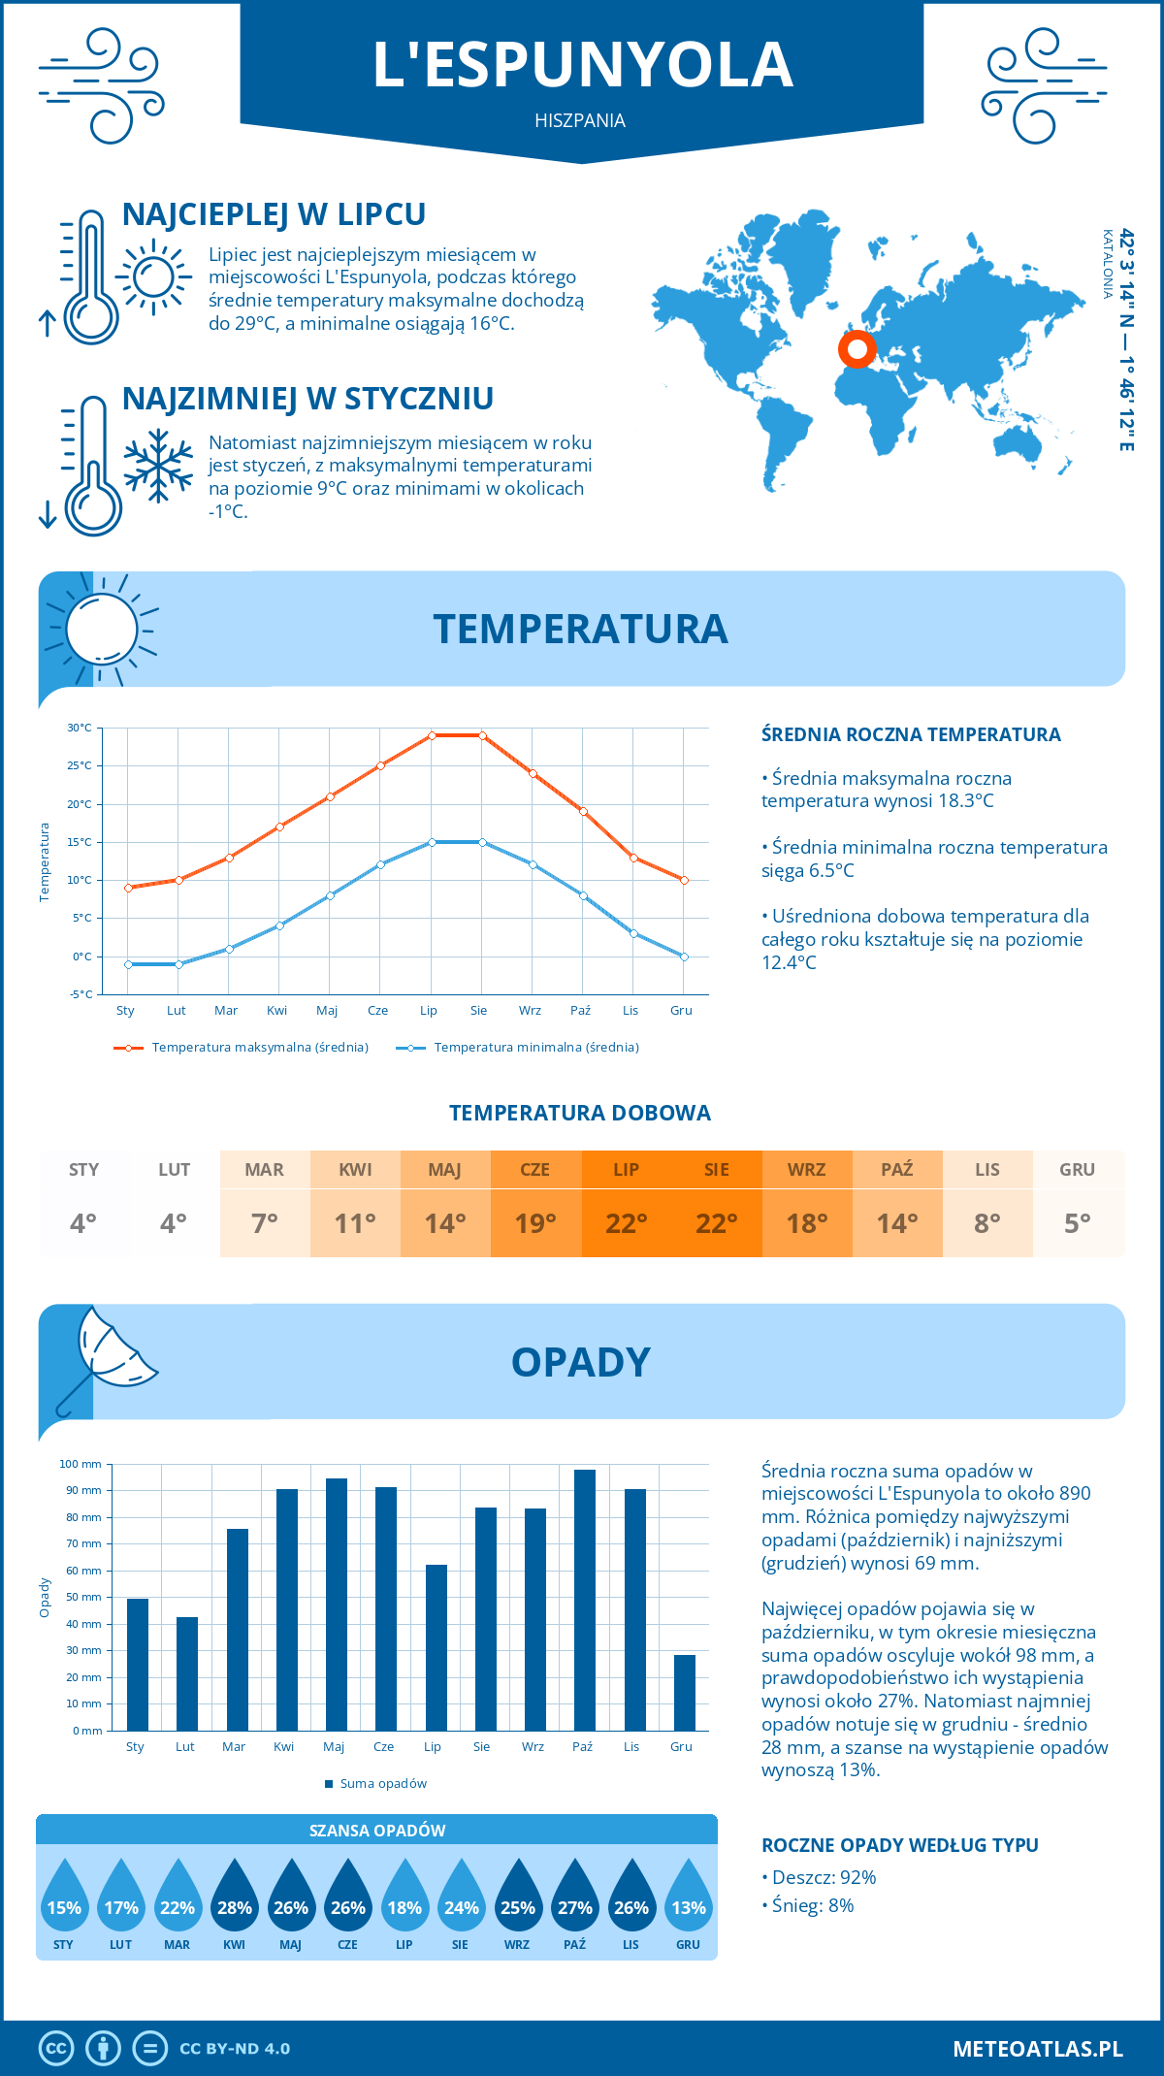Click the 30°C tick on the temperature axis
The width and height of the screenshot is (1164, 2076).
pos(80,728)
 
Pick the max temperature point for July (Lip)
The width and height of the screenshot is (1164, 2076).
pos(432,735)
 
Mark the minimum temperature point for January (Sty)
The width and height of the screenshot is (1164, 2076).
pos(128,964)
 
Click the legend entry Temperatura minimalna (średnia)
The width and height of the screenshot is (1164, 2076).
pos(535,1048)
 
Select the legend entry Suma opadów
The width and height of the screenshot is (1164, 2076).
pos(382,1783)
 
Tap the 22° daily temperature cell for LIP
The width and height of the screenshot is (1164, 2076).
pos(626,1223)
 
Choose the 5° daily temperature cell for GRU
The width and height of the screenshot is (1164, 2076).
pos(1078,1223)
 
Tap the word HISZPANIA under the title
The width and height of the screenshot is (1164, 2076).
pos(580,120)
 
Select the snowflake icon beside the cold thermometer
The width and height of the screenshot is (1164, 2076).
pos(158,466)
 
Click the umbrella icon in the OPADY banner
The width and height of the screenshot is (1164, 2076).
pos(105,1358)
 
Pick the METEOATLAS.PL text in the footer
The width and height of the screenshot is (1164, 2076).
pos(1037,2048)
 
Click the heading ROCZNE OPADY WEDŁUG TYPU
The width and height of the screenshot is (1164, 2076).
pos(899,1845)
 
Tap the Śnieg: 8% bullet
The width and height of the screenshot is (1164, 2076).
pos(813,1905)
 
